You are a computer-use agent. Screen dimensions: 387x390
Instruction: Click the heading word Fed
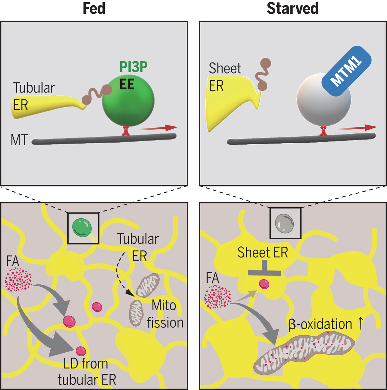pyautogui.click(x=94, y=8)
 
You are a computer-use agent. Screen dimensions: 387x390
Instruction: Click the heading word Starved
pyautogui.click(x=292, y=8)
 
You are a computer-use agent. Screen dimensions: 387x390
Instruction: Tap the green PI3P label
pyautogui.click(x=133, y=67)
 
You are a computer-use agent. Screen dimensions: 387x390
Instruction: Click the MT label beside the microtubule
pyautogui.click(x=19, y=140)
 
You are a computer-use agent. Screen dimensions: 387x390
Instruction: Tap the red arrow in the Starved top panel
pyautogui.click(x=358, y=128)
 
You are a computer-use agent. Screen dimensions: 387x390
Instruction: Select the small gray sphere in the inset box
pyautogui.click(x=285, y=223)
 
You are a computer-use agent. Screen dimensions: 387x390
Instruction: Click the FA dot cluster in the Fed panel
pyautogui.click(x=19, y=279)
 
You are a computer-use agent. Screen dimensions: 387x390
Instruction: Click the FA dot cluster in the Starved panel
pyautogui.click(x=218, y=296)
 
